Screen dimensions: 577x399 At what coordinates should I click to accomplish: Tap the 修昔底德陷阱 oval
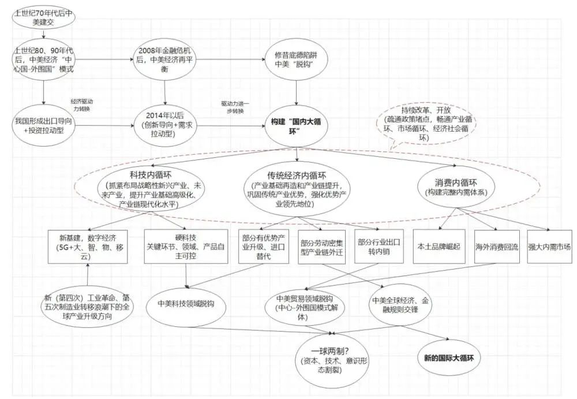pyautogui.click(x=296, y=59)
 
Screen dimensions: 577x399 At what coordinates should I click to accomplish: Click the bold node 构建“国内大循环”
pyautogui.click(x=296, y=126)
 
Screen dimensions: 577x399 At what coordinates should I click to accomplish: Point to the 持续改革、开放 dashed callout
pyautogui.click(x=426, y=124)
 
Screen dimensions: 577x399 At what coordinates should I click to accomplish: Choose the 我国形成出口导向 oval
pyautogui.click(x=43, y=126)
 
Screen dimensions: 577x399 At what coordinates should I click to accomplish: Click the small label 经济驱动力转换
pyautogui.click(x=82, y=105)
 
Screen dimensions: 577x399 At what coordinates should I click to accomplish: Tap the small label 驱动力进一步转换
pyautogui.click(x=235, y=107)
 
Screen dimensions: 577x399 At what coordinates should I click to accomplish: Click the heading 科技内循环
pyautogui.click(x=151, y=174)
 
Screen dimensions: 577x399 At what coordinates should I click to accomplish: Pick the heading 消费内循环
pyautogui.click(x=456, y=182)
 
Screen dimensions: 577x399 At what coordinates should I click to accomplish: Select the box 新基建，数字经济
pyautogui.click(x=88, y=247)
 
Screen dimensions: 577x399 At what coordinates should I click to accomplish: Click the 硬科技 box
pyautogui.click(x=186, y=247)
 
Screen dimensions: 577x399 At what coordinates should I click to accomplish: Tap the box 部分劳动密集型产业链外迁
pyautogui.click(x=321, y=247)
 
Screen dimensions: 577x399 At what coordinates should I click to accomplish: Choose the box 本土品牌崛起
pyautogui.click(x=439, y=247)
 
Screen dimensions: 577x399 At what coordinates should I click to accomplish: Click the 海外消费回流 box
pyautogui.click(x=497, y=247)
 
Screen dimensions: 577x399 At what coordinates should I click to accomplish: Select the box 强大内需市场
pyautogui.click(x=550, y=247)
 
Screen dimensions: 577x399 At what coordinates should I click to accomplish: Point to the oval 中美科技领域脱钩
pyautogui.click(x=186, y=304)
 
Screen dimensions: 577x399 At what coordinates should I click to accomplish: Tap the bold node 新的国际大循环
pyautogui.click(x=448, y=358)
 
